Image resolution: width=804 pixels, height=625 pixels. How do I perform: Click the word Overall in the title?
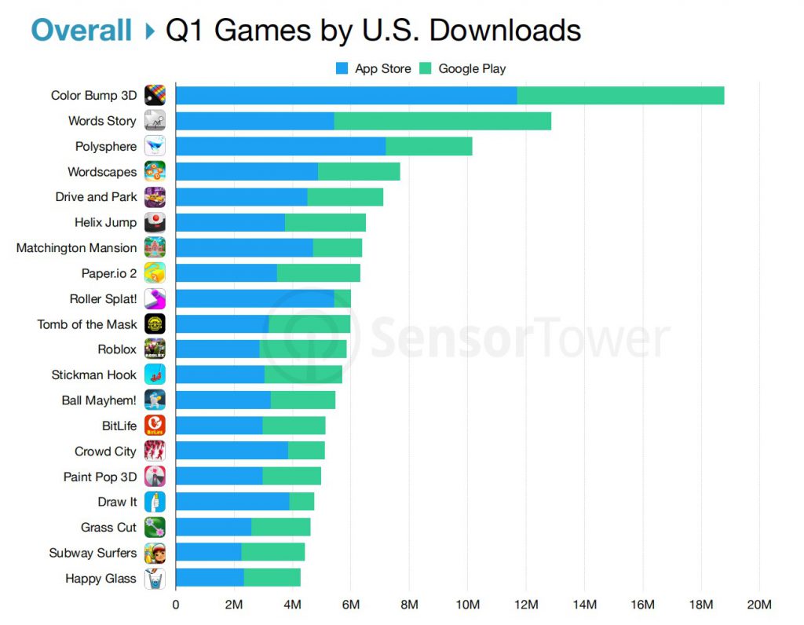tap(81, 30)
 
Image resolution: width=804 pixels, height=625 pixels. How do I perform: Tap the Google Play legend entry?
tap(463, 69)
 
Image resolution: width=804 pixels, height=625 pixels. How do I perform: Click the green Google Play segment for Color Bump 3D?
tap(620, 96)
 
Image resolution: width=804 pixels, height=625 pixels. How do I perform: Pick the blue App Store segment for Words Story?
tap(254, 121)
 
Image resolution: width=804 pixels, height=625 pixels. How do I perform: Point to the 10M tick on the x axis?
tap(467, 605)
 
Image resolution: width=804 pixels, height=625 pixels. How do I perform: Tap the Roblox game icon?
tap(155, 349)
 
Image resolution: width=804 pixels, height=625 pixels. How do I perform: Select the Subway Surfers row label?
tap(93, 553)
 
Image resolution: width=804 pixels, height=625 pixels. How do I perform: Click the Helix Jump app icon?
tap(155, 223)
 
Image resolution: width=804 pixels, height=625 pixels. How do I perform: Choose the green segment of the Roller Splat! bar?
tap(342, 299)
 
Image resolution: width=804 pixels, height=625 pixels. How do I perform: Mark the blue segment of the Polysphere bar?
tap(280, 147)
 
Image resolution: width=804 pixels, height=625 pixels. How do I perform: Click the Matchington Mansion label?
tap(76, 248)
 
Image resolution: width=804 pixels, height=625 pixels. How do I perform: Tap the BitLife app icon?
tap(155, 426)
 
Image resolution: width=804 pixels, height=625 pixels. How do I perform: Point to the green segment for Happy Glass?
tap(272, 579)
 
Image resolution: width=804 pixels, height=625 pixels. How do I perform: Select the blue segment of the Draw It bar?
tap(232, 502)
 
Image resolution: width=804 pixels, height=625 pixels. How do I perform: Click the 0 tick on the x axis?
tap(176, 605)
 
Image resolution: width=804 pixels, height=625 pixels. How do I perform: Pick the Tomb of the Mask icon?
tap(155, 324)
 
